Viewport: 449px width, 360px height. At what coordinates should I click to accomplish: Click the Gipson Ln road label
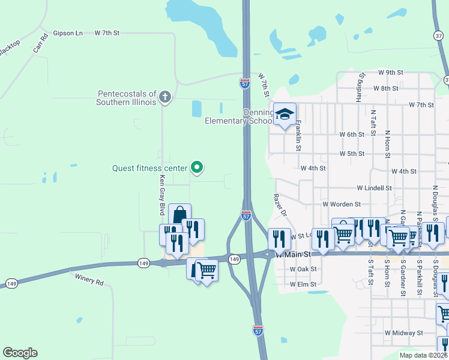68,33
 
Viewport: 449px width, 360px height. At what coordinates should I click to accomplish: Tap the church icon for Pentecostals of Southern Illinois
165,96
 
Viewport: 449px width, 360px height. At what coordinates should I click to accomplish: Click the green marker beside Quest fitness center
196,168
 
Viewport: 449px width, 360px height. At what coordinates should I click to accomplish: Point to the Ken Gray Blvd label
161,196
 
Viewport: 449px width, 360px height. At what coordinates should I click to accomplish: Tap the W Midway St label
404,332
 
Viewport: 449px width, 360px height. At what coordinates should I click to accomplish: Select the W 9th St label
390,72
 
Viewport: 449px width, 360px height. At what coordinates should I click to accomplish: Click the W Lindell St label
374,188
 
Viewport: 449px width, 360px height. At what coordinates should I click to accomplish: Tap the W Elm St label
303,284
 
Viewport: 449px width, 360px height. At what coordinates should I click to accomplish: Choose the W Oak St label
303,269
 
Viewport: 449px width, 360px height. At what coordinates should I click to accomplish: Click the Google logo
20,353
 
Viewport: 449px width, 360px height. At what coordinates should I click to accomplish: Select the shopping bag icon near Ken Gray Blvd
179,214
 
